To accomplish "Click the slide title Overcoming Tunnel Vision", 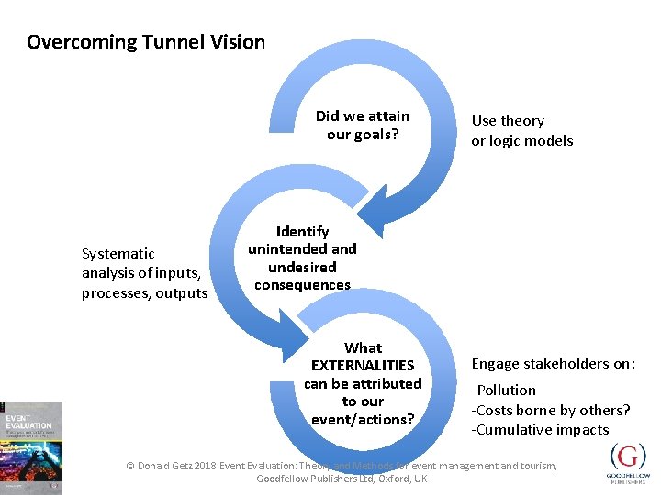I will (x=146, y=42).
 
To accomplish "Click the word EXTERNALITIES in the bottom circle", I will (x=363, y=366).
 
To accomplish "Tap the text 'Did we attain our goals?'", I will (x=363, y=125).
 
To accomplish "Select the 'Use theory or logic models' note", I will (x=521, y=131).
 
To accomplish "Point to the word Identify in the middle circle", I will (x=302, y=231).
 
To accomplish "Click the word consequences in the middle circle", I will (x=302, y=285).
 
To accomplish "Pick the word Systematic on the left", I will (x=118, y=253).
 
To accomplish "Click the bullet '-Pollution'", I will (x=504, y=390).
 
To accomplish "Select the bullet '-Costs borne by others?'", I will (x=551, y=410).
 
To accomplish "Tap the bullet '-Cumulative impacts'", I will (x=541, y=429).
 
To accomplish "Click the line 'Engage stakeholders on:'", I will (x=553, y=363).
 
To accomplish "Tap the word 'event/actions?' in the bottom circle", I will (x=363, y=420).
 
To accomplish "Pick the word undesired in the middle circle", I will (x=302, y=267).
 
